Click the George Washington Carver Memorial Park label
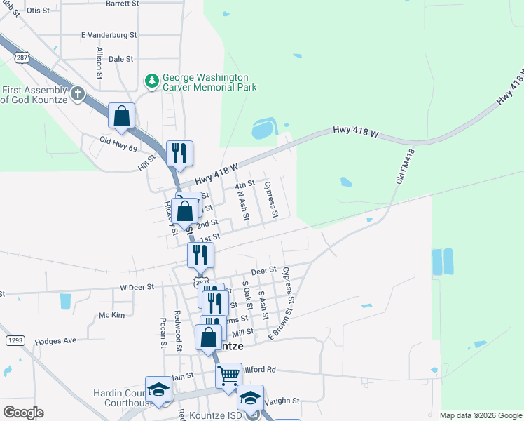[x=209, y=82]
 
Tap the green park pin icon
[x=151, y=82]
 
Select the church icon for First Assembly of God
[x=78, y=93]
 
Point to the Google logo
[x=23, y=412]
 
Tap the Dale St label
[x=120, y=60]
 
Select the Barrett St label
[x=123, y=4]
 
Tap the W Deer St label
[x=137, y=288]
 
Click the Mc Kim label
[x=111, y=315]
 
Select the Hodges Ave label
[x=55, y=340]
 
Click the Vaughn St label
[x=284, y=401]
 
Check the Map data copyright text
[x=479, y=415]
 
